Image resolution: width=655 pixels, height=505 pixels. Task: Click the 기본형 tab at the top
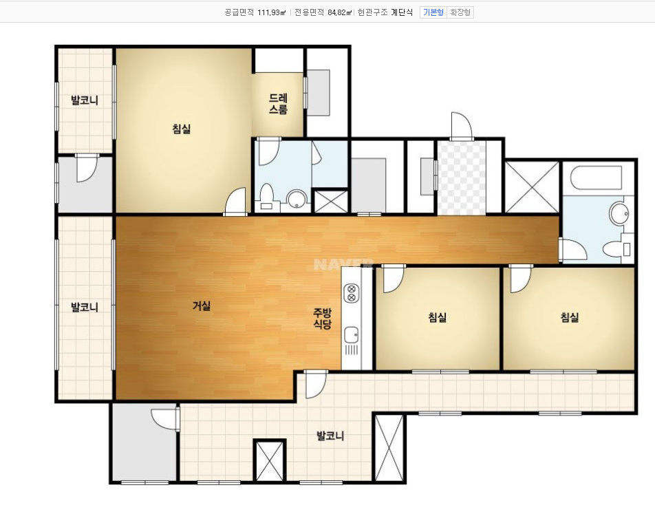433,12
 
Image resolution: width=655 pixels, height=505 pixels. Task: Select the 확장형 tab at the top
460,12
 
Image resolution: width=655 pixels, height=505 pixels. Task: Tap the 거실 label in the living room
202,306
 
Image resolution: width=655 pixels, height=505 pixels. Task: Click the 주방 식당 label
323,319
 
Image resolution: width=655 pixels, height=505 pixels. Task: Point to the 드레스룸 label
278,104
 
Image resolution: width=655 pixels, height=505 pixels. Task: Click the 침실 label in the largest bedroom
182,129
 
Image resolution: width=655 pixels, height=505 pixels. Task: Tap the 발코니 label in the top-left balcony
85,100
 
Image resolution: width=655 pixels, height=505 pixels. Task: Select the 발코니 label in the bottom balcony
330,436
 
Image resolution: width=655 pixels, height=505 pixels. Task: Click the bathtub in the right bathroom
597,178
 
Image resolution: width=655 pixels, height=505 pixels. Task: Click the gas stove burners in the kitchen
352,292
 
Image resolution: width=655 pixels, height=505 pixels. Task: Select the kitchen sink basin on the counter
352,334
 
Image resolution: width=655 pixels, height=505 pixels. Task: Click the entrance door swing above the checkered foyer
461,126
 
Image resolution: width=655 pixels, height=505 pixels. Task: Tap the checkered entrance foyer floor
461,178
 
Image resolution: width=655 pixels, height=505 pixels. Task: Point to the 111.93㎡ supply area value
271,12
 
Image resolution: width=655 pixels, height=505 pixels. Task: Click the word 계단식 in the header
402,12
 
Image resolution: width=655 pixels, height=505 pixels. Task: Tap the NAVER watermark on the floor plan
343,264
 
